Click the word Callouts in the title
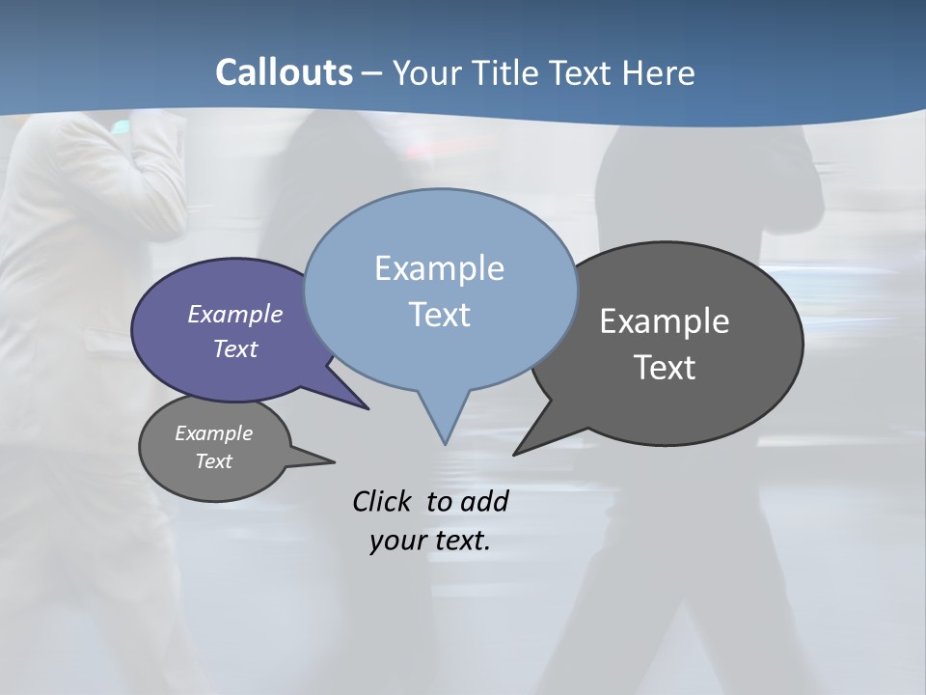(x=285, y=72)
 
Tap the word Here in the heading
(x=659, y=73)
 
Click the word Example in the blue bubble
(x=439, y=268)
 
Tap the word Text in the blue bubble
(x=439, y=315)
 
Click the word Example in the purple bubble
(x=235, y=314)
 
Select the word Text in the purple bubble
(x=235, y=348)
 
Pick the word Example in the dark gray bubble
(x=665, y=321)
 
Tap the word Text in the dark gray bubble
(x=665, y=368)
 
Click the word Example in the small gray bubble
(x=213, y=433)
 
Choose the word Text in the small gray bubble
(x=213, y=461)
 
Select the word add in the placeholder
(x=484, y=501)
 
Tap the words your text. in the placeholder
(x=430, y=540)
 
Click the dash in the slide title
(x=372, y=73)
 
